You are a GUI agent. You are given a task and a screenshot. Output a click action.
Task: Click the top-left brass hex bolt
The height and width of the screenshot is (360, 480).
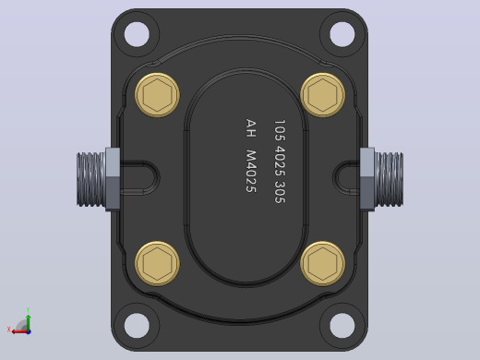click(x=157, y=95)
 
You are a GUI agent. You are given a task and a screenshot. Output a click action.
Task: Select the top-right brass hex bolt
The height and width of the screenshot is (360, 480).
click(x=322, y=95)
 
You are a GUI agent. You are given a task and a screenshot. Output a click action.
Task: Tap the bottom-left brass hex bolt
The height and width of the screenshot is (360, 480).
click(x=157, y=263)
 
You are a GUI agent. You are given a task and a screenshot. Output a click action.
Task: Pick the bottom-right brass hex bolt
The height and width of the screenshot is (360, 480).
click(x=322, y=263)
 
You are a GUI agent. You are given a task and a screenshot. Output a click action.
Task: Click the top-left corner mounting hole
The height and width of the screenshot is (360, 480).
click(x=137, y=34)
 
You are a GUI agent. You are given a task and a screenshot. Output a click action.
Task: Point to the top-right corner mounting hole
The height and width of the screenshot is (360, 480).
click(x=342, y=34)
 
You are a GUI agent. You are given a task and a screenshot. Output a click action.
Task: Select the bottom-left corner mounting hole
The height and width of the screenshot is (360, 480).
click(x=137, y=326)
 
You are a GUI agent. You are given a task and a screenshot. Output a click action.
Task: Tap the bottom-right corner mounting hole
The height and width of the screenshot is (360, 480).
click(x=342, y=326)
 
